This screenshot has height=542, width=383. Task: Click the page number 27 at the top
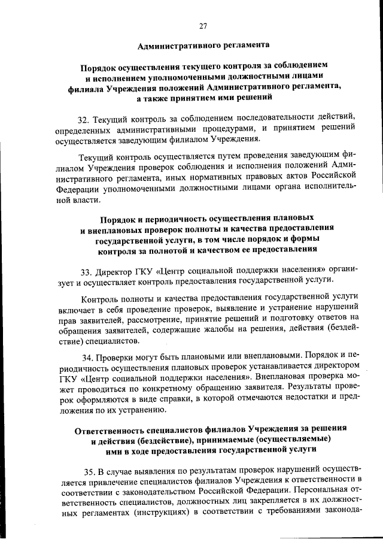[203, 25]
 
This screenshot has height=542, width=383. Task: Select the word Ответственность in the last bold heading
[114, 431]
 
